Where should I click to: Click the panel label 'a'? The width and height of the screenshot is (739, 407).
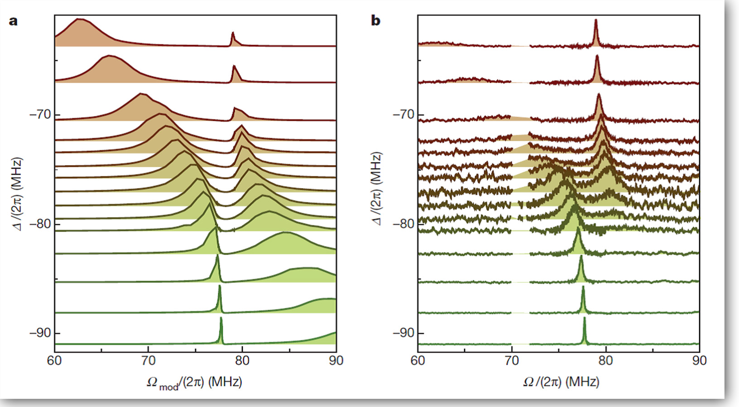click(x=13, y=21)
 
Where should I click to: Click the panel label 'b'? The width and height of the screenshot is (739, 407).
click(x=376, y=21)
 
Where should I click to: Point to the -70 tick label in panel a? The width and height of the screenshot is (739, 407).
click(x=40, y=114)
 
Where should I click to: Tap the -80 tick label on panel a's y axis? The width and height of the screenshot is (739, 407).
click(x=40, y=224)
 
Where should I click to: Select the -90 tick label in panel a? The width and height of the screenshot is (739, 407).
click(x=40, y=333)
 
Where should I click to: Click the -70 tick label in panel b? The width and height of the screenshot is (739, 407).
click(x=403, y=114)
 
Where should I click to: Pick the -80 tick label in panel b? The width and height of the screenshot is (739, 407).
click(x=403, y=224)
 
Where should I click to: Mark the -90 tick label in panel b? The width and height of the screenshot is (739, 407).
click(x=403, y=333)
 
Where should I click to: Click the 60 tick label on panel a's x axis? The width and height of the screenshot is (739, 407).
click(x=54, y=361)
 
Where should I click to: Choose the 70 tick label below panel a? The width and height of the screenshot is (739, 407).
click(x=148, y=361)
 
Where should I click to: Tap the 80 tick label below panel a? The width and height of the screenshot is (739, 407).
click(x=242, y=361)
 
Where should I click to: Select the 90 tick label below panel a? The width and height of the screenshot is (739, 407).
click(x=336, y=361)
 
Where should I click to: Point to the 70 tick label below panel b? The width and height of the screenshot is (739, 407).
click(x=512, y=361)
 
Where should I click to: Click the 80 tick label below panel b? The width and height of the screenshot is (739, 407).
click(x=605, y=361)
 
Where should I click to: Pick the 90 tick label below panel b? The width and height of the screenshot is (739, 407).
click(x=700, y=361)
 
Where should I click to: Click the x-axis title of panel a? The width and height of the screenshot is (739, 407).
click(x=194, y=383)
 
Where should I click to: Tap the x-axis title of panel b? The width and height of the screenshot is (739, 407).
click(x=561, y=382)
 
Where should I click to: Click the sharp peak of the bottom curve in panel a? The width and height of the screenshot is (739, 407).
click(x=221, y=319)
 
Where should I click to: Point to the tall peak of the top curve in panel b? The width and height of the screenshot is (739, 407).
click(x=595, y=21)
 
